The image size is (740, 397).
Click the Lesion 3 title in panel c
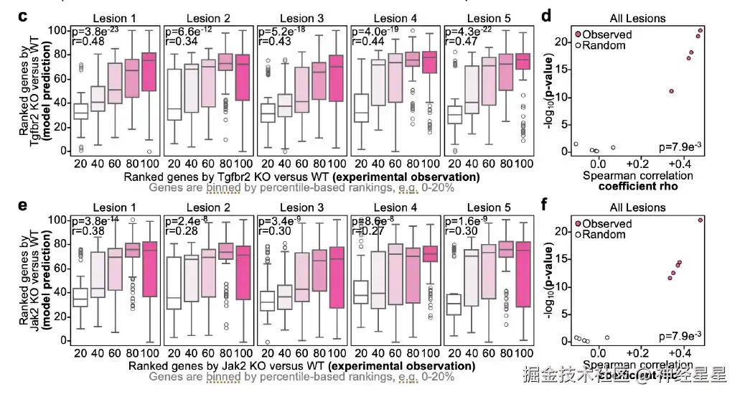click(301, 17)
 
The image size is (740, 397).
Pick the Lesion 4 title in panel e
click(395, 207)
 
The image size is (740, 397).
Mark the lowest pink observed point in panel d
click(671, 91)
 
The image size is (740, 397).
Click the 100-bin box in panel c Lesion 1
click(149, 71)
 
